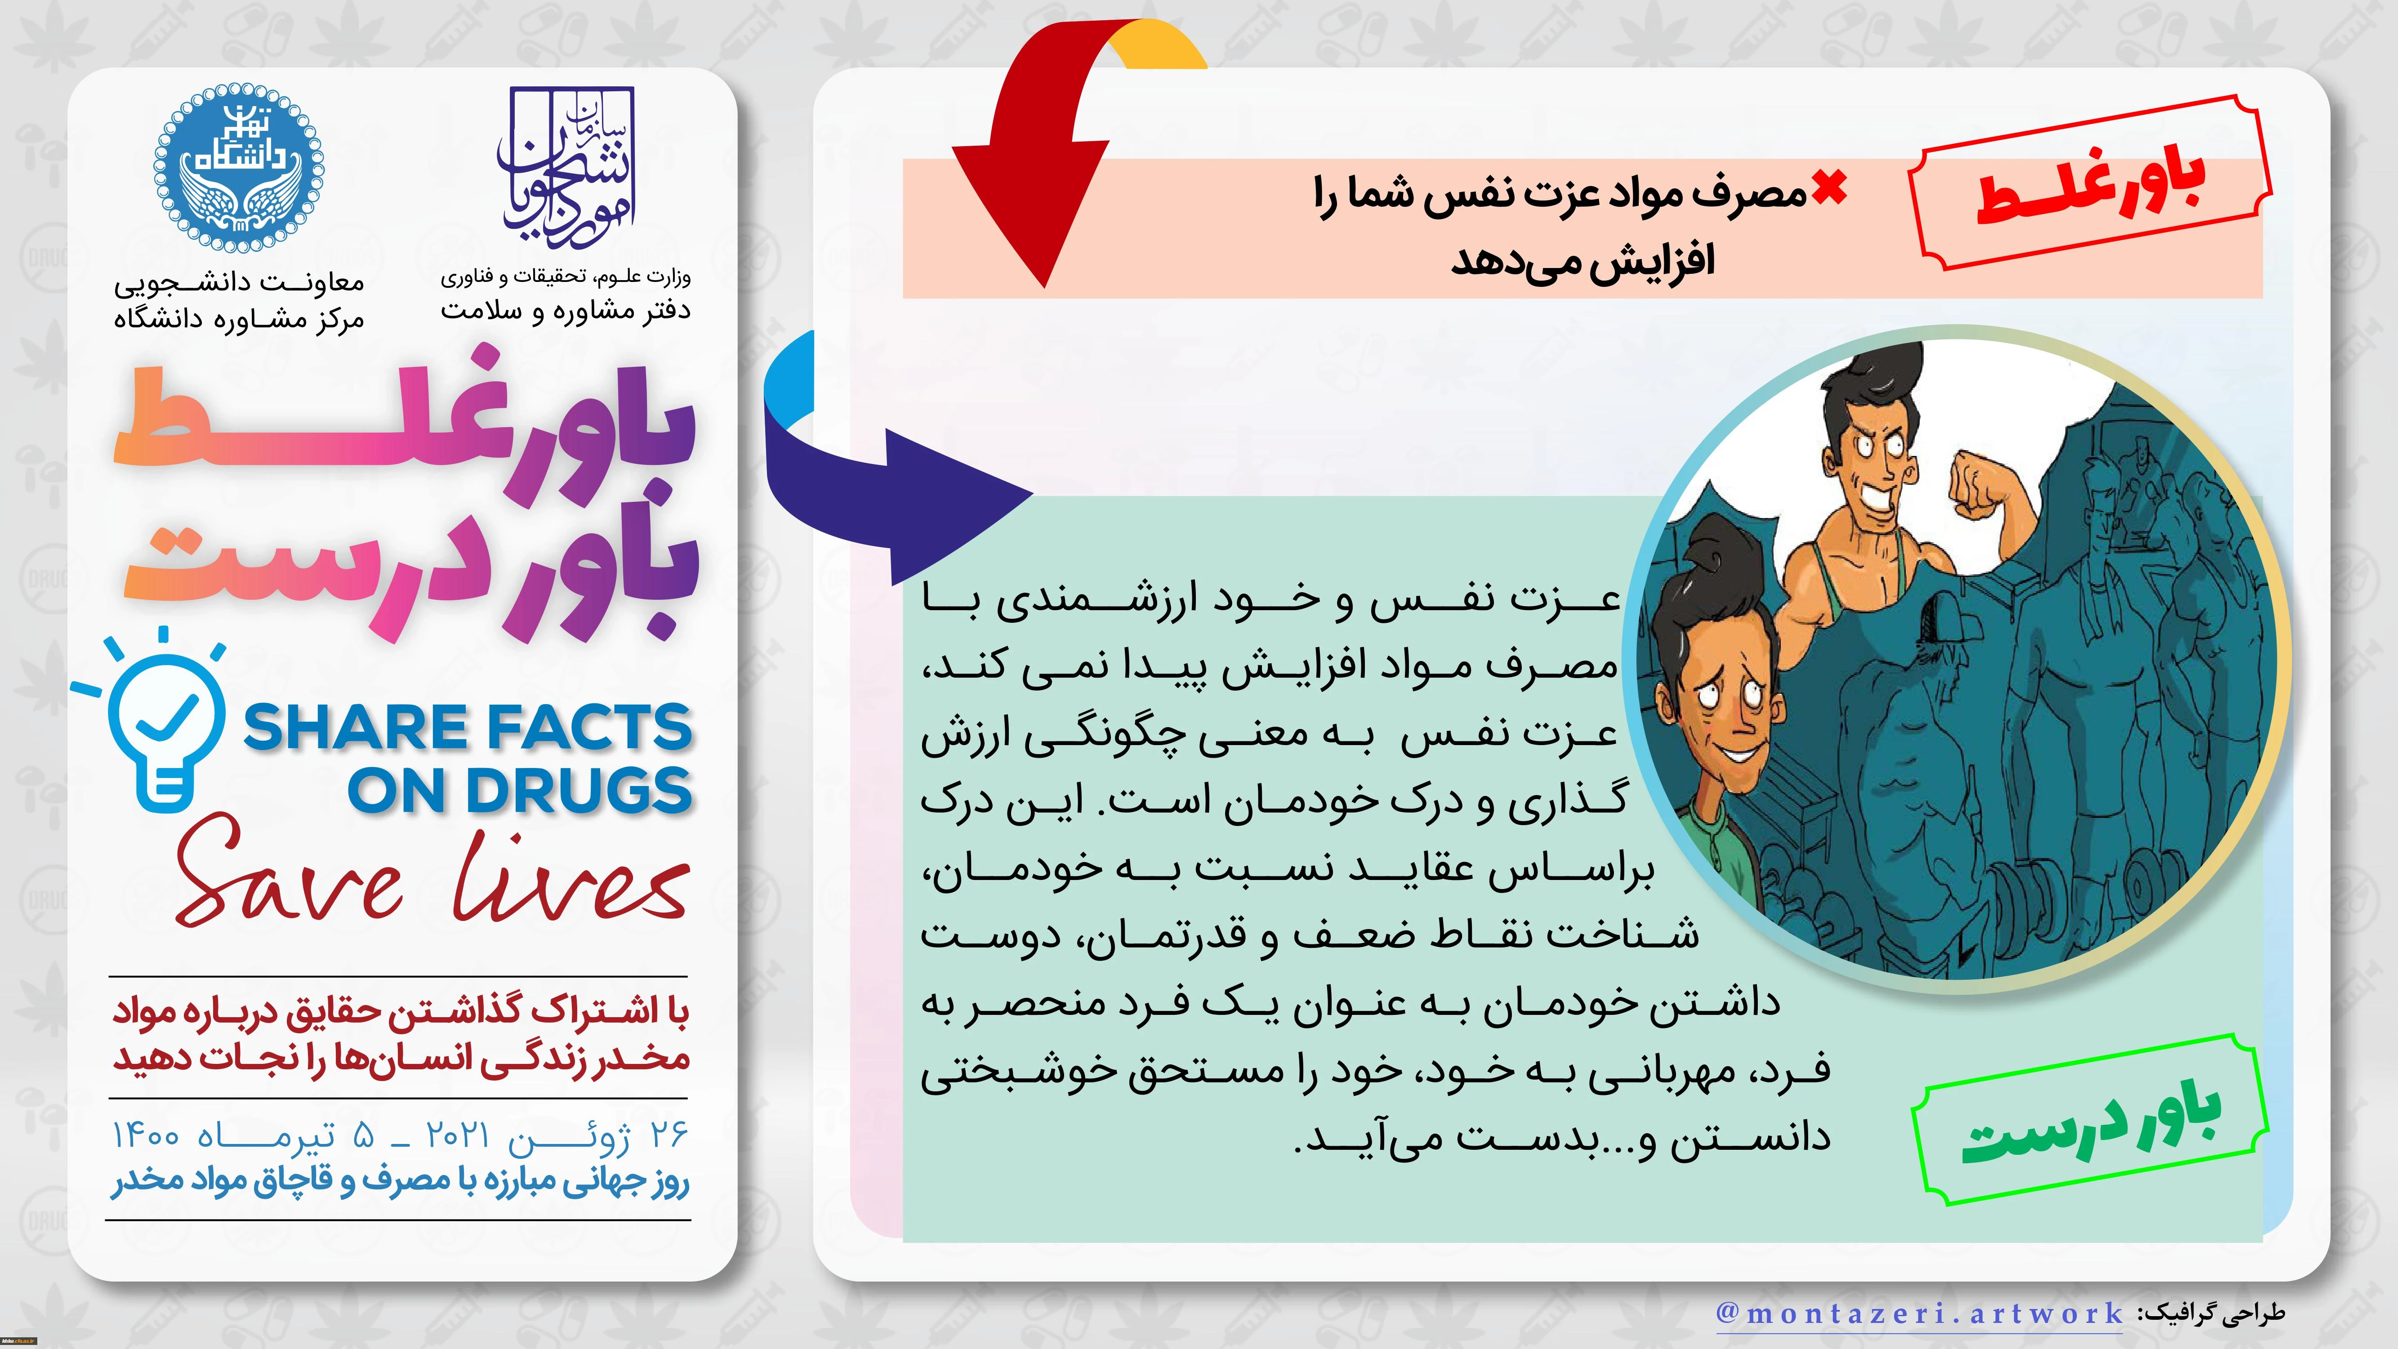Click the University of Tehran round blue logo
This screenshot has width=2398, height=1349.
[239, 170]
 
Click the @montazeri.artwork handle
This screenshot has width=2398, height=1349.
[1920, 1313]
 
